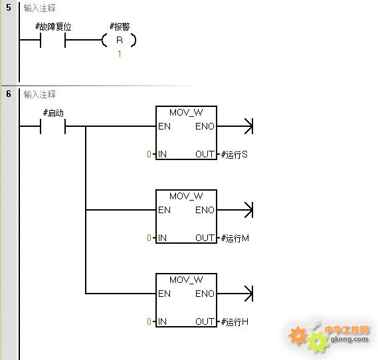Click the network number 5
coord(9,7)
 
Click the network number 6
coord(9,94)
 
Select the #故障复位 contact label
coord(53,27)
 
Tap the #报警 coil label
coord(120,27)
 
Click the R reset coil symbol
coord(119,40)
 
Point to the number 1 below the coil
coord(120,54)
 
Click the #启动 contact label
coord(53,113)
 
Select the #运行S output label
coord(235,154)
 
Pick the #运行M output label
coord(235,238)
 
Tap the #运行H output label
coord(235,321)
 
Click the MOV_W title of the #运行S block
coord(186,112)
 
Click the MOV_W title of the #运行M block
coord(186,196)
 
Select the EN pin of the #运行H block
coord(164,294)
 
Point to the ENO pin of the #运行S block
coord(205,126)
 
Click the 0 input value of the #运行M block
coord(149,238)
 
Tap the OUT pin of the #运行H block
coord(205,321)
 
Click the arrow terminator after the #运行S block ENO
coord(248,126)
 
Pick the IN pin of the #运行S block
coord(162,154)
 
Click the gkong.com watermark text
coord(349,339)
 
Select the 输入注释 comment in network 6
coord(40,94)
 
